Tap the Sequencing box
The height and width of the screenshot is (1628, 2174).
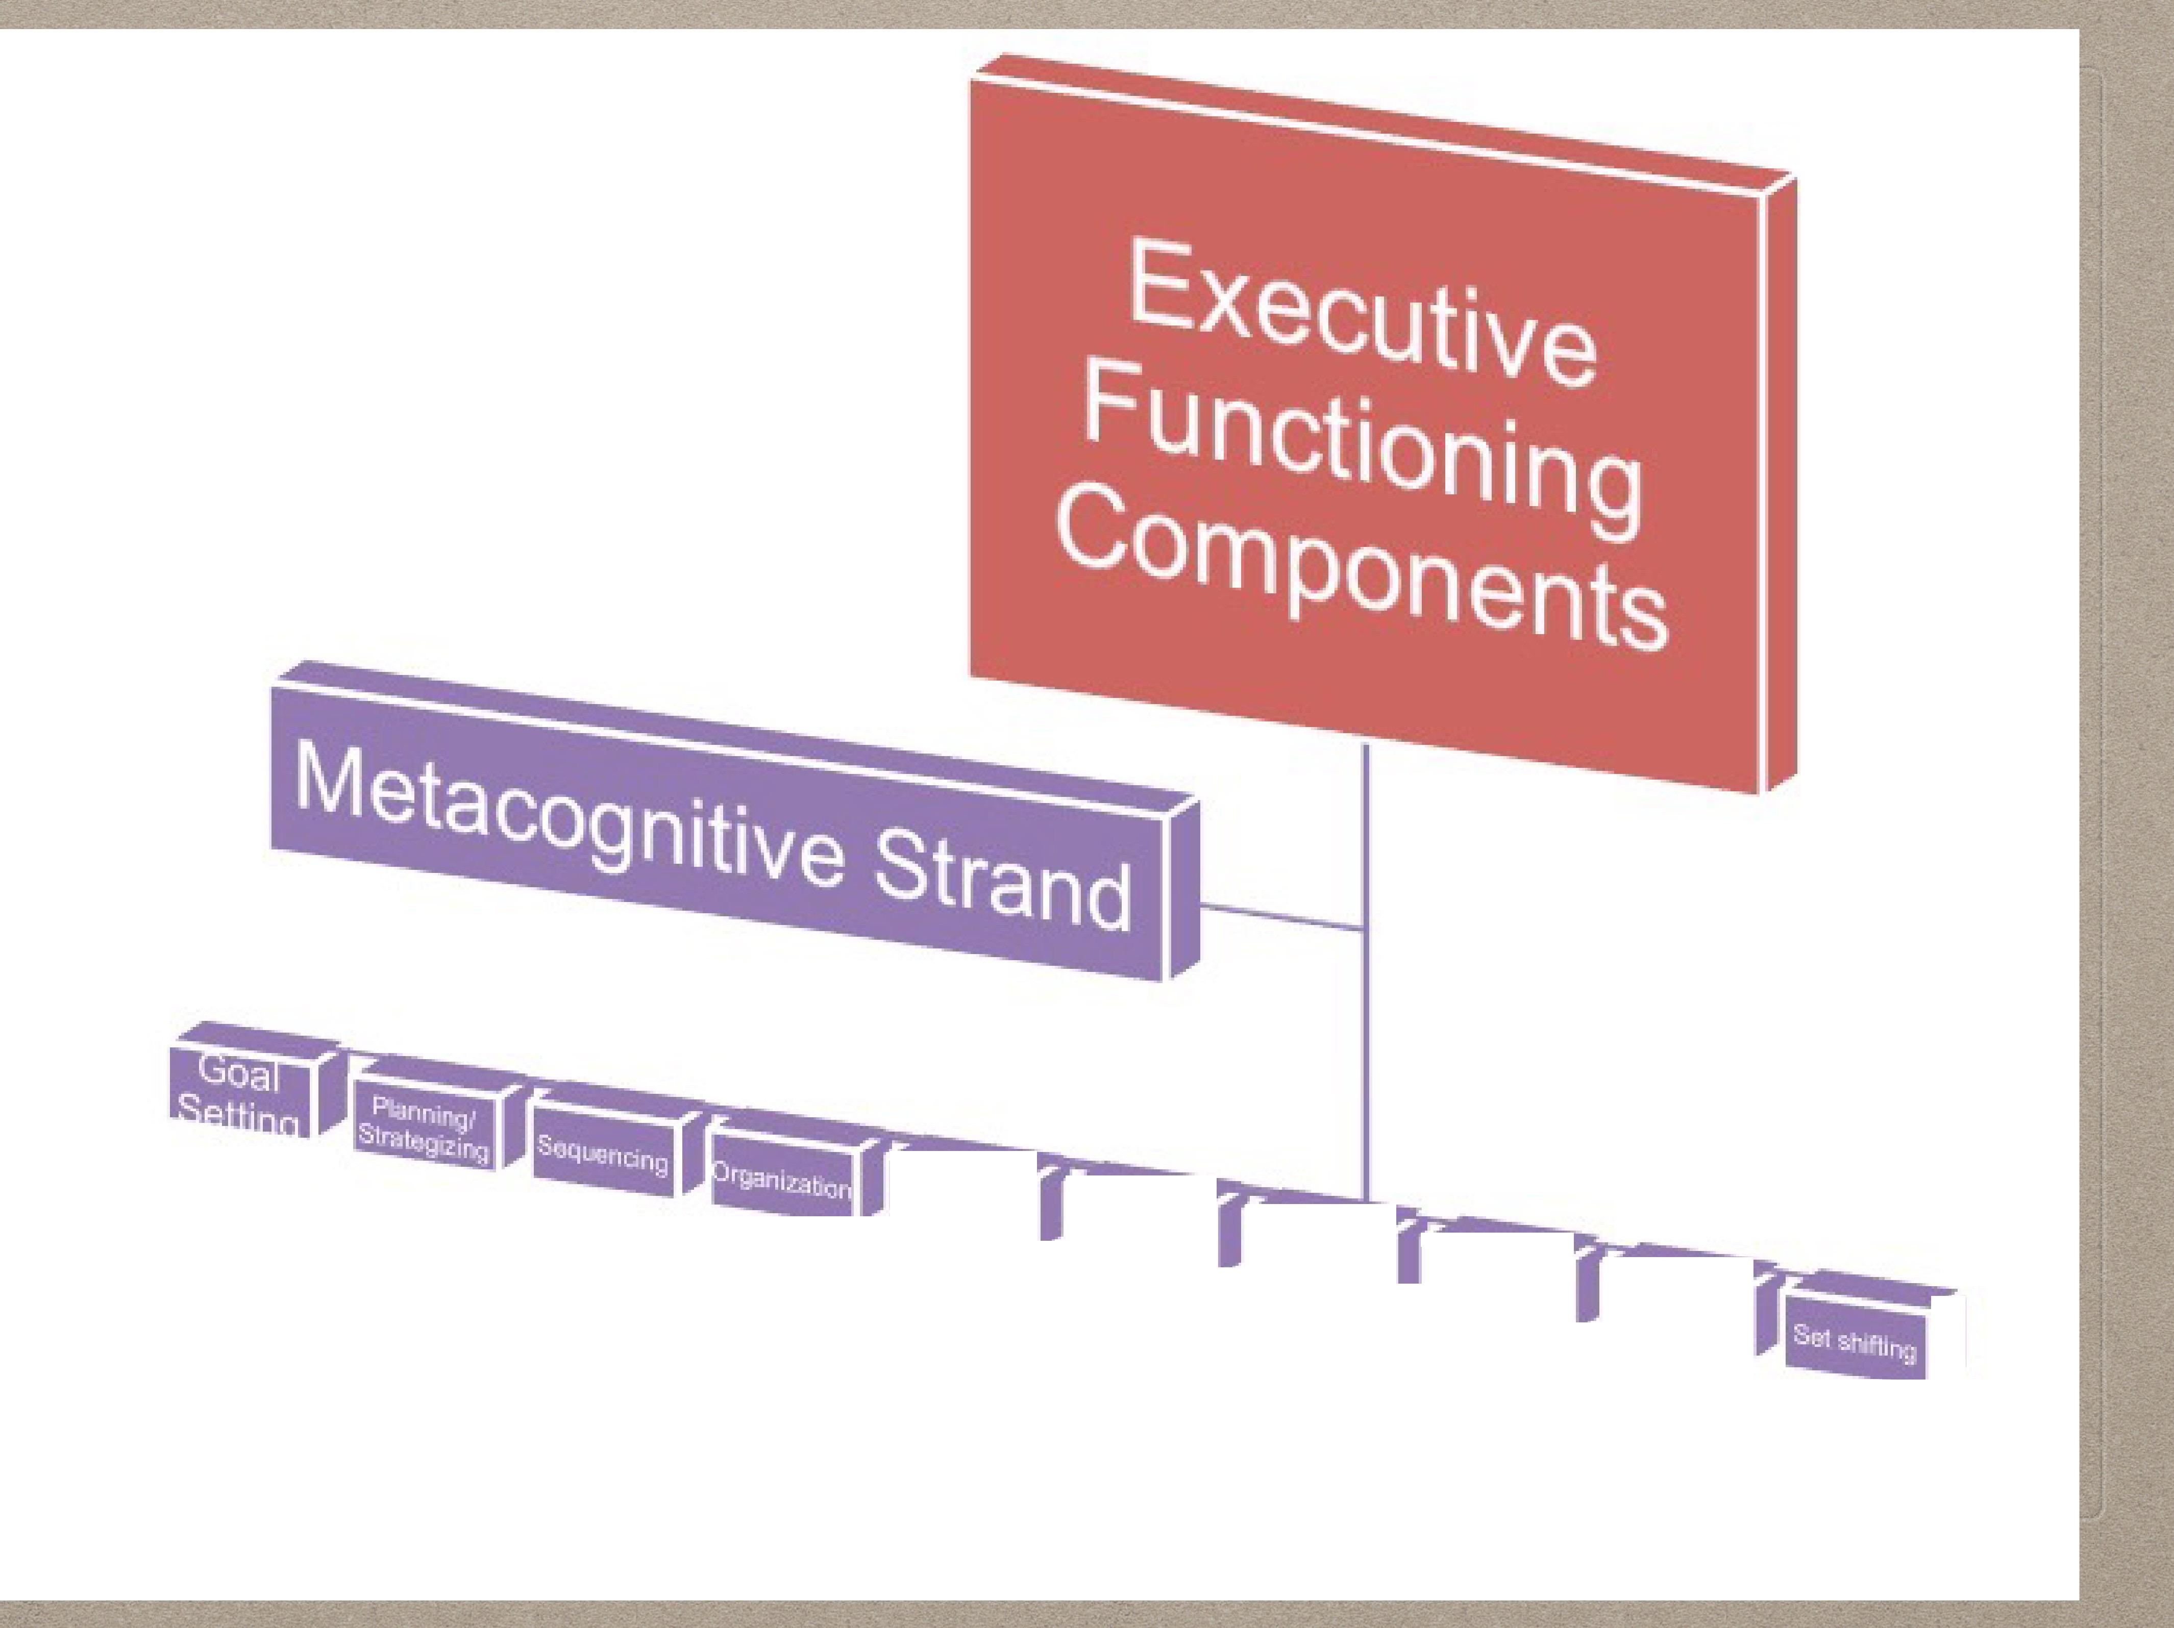point(602,1158)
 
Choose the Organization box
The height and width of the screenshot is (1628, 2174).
point(781,1181)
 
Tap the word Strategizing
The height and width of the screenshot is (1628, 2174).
point(423,1145)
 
